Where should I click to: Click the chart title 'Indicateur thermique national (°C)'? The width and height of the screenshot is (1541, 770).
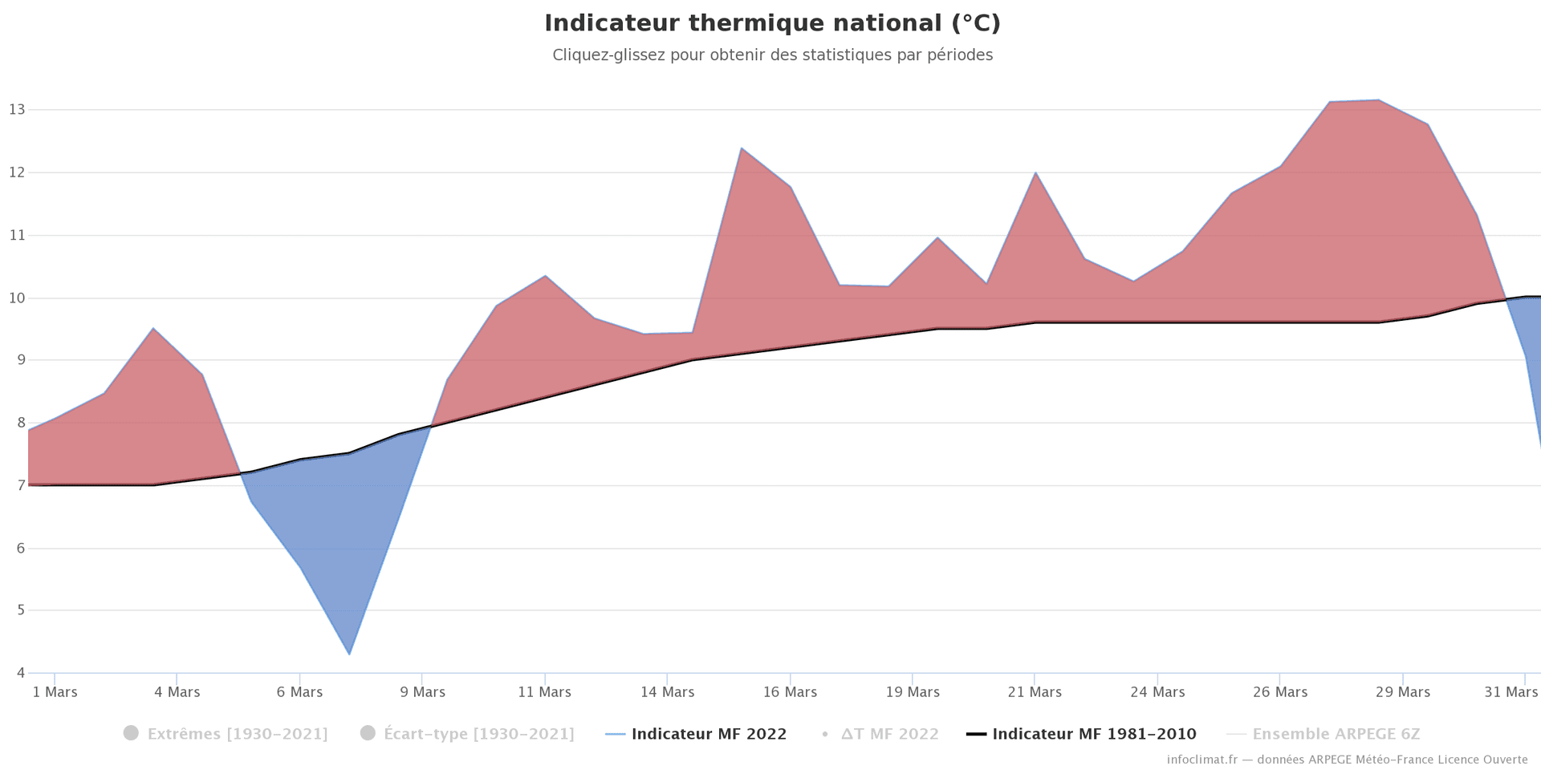(772, 23)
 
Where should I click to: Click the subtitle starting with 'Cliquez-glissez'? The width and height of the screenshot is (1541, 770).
(772, 55)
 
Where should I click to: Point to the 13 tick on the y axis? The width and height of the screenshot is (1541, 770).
(17, 109)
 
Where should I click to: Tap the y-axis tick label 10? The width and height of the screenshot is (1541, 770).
(17, 298)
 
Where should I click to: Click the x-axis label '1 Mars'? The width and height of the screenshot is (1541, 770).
(55, 692)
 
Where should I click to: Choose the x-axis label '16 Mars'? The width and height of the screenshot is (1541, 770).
(790, 692)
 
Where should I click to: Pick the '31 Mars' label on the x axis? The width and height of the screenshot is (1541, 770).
(1511, 692)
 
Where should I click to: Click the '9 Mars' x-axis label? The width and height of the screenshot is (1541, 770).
(422, 692)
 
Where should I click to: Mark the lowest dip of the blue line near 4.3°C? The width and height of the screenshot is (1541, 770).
(349, 654)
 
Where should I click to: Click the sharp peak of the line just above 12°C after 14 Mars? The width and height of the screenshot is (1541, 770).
(742, 148)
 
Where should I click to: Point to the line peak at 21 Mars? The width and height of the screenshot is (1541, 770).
(1035, 172)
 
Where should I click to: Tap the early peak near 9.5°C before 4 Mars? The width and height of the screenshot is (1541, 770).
(153, 328)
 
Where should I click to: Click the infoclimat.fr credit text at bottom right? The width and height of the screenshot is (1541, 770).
(1347, 760)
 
